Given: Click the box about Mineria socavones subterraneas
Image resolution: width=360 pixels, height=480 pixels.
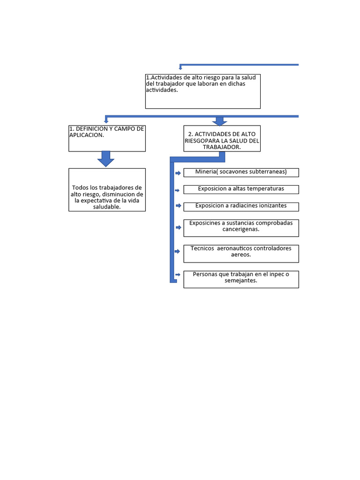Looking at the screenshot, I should coord(241,172).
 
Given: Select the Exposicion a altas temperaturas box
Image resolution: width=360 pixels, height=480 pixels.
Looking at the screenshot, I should coord(241,189).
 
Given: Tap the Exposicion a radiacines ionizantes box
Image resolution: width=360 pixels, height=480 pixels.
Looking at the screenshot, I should coord(241,206).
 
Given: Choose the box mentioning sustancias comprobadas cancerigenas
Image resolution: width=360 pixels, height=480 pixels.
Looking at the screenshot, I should coord(241,228).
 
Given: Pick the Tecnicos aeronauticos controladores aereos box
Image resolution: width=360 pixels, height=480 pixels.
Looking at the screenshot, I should coord(241,254).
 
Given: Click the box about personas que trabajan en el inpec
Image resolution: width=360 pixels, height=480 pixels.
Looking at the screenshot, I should coord(241,279).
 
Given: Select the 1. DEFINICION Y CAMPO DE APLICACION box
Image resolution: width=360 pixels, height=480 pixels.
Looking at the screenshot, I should coord(107,138).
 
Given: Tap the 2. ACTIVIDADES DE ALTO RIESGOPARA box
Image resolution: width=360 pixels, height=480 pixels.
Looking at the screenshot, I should coord(222,138).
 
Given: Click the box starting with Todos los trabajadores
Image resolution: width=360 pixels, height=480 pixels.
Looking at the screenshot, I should coord(107,190).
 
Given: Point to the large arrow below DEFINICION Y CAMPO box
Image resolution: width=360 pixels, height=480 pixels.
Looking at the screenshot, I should coord(106,159).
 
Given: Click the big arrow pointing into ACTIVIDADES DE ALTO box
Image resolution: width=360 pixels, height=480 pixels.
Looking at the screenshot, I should coord(219,121).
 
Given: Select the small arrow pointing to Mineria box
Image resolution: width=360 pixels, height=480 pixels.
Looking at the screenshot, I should coord(178,173).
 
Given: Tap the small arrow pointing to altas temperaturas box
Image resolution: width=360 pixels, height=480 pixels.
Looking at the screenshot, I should coord(178,190).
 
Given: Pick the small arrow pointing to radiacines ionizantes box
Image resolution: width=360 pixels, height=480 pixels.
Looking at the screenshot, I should coord(178,206).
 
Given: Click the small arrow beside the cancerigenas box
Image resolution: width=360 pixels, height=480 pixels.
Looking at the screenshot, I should coord(178,227).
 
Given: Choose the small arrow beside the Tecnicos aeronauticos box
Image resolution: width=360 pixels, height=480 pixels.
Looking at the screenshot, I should coord(178,251).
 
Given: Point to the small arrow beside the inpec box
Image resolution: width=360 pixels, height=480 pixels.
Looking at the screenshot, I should coord(178,274).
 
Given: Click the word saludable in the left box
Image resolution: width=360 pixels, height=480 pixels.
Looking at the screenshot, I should coord(107,207).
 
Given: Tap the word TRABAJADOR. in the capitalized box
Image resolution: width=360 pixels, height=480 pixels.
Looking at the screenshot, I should coord(222,147).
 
